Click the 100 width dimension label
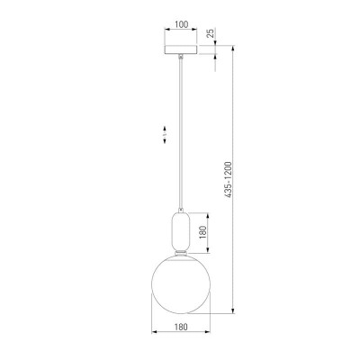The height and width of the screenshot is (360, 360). tap(181, 24)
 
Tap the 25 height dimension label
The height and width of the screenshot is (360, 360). tap(211, 33)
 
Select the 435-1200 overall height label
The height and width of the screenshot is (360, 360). tap(229, 179)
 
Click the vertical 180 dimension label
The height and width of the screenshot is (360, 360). tap(203, 232)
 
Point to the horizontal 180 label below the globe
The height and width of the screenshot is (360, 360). tap(181, 327)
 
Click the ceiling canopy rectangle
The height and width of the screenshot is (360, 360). tap(181, 49)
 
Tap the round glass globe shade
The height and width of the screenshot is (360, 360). tap(181, 284)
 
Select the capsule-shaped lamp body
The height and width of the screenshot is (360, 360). tap(181, 231)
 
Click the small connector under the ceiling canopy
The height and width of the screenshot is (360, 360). tap(181, 56)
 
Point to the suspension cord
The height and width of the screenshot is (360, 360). tap(181, 133)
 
